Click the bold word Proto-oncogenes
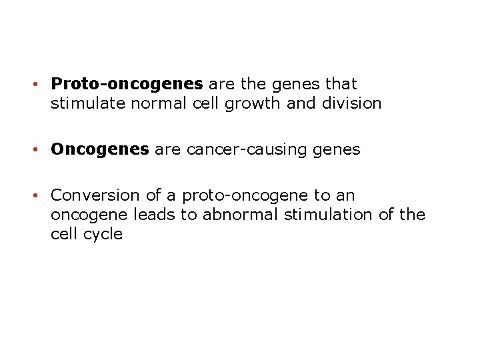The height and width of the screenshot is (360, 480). [x=127, y=85]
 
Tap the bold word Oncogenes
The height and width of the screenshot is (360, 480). [x=100, y=150]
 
